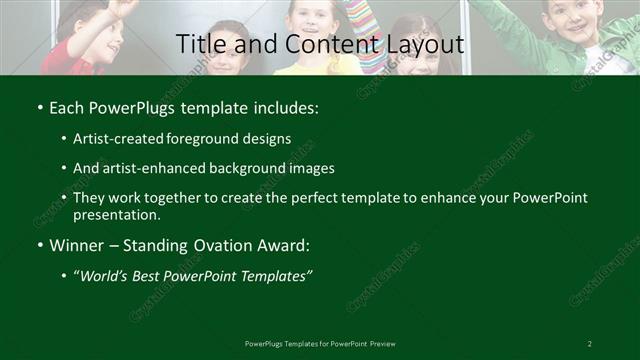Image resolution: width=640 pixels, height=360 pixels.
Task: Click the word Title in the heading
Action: (x=198, y=45)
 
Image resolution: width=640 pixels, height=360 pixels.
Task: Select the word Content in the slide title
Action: (x=309, y=45)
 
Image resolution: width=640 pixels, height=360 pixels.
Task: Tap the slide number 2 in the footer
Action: (x=590, y=344)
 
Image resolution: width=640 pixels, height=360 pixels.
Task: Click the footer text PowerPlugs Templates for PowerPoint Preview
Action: (x=320, y=344)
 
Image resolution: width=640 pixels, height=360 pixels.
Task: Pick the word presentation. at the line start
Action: (x=116, y=214)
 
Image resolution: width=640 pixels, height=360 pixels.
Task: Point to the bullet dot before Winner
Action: (x=39, y=245)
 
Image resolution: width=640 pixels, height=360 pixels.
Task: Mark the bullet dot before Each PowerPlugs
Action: (x=39, y=105)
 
